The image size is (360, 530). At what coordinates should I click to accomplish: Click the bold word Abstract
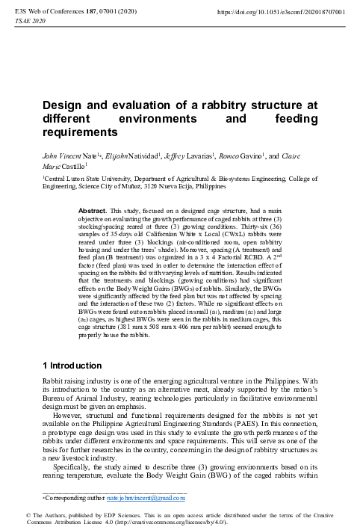point(93,212)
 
